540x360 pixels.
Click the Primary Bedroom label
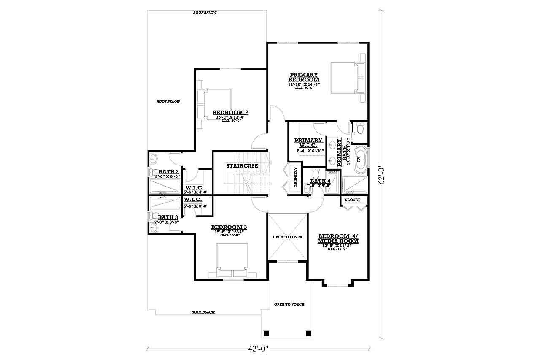(x=304, y=77)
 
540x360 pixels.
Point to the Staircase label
(x=242, y=166)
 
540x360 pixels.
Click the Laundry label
(x=296, y=177)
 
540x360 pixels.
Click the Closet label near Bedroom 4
(x=352, y=200)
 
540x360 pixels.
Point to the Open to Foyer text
(x=287, y=237)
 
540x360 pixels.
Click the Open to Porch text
(x=289, y=304)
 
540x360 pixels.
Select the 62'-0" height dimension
(x=382, y=174)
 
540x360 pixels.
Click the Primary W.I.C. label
(x=308, y=143)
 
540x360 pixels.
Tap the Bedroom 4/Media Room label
(x=338, y=238)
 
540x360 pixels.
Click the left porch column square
(x=266, y=333)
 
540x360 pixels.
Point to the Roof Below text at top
(x=205, y=13)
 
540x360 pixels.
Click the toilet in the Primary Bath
(x=359, y=128)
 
